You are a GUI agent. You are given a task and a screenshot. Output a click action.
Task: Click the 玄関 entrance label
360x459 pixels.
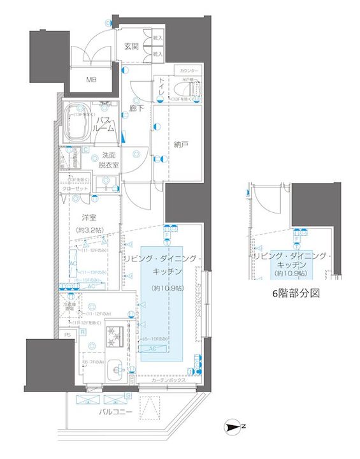(131, 47)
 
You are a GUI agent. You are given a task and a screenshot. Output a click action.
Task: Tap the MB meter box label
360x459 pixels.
(92, 80)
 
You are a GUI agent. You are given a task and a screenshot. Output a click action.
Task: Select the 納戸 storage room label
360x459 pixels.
(182, 145)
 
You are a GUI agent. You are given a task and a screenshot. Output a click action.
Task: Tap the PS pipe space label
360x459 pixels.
(68, 333)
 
